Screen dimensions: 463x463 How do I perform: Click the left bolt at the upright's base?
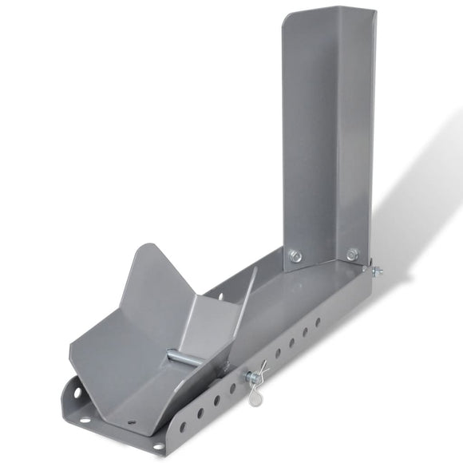point(295,256)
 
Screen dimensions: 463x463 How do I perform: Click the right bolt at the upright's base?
point(352,255)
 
